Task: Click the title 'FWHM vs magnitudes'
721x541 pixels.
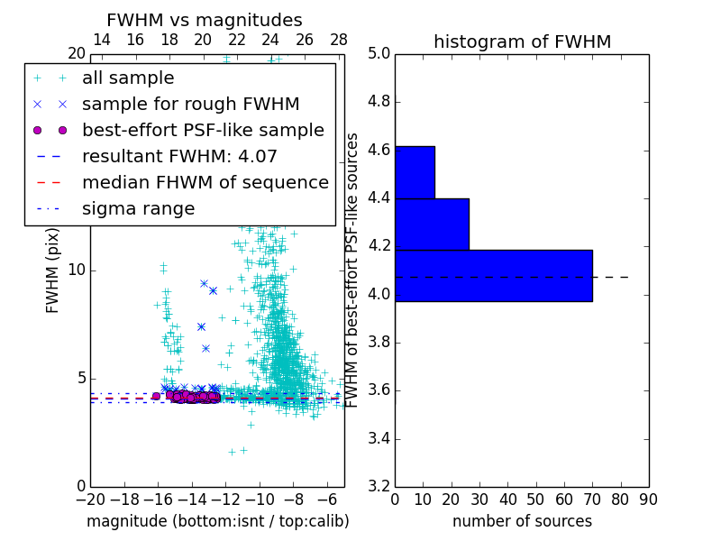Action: pos(205,20)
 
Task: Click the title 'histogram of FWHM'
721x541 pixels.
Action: pos(522,41)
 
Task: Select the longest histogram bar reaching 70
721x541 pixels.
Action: pos(494,275)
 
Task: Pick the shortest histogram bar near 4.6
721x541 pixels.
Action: pos(415,171)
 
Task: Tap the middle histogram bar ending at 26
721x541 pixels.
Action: pos(432,224)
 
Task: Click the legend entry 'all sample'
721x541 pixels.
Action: pos(128,78)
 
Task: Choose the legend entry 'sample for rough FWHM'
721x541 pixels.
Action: pos(190,104)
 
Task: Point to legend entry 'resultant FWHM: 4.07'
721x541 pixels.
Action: pos(179,156)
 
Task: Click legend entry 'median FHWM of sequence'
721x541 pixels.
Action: pos(205,182)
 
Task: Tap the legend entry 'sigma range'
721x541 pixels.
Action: pos(138,208)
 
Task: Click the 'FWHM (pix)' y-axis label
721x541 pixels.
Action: pos(53,270)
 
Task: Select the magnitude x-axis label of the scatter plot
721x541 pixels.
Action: pos(217,521)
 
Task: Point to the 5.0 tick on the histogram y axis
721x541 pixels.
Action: pos(379,53)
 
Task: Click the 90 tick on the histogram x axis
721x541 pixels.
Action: pos(648,499)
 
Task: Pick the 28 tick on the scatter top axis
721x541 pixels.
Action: pos(339,40)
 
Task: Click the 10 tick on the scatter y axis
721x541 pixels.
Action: pos(77,270)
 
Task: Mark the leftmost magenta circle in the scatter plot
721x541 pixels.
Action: pos(156,396)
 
